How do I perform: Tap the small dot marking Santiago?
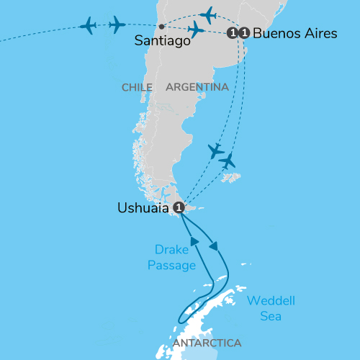tap(161, 27)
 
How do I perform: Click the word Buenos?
tap(278, 33)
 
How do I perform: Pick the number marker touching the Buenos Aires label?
tap(245, 32)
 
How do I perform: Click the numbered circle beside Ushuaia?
tap(180, 207)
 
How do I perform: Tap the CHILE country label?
tap(137, 87)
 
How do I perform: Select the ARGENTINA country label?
tap(197, 87)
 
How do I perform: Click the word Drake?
tap(171, 250)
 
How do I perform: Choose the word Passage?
tap(172, 265)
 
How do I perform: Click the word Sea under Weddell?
tap(271, 315)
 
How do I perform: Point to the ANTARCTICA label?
tap(207, 343)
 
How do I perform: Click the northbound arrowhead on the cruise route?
tap(194, 240)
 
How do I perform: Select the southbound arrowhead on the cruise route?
tap(215, 246)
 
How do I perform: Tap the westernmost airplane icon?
tap(89, 26)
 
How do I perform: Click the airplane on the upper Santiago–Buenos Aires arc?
tap(209, 14)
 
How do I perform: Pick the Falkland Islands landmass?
tap(230, 176)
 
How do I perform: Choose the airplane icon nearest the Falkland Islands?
tap(228, 161)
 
